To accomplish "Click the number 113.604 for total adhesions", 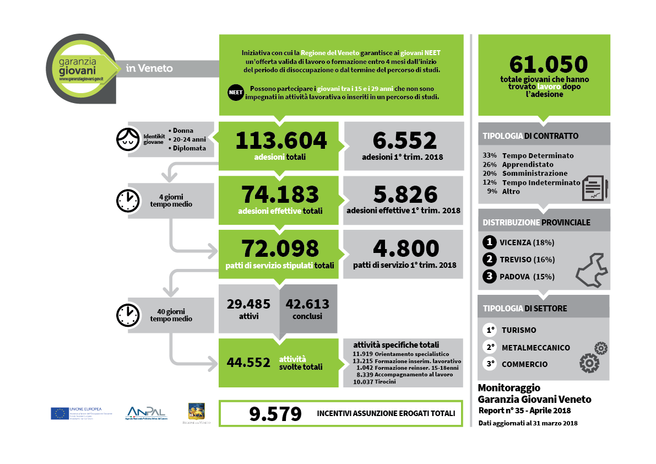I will coord(281,141).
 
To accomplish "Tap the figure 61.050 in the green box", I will coord(548,64).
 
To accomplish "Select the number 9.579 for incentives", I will coord(275,414).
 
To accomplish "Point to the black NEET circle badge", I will coord(235,93).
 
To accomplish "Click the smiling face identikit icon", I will coord(128,139).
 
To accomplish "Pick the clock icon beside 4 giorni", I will coord(128,201).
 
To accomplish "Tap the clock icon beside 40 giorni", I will coord(128,315).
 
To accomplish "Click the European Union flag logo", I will coord(59,413).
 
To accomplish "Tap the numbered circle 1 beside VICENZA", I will coord(489,242).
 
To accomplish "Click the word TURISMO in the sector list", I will coord(518,330).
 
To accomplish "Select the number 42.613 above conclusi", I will coord(307,304).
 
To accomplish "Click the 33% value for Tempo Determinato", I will coord(490,155).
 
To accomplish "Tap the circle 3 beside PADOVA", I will coord(489,277).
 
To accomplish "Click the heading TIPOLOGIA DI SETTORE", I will coord(524,309).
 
